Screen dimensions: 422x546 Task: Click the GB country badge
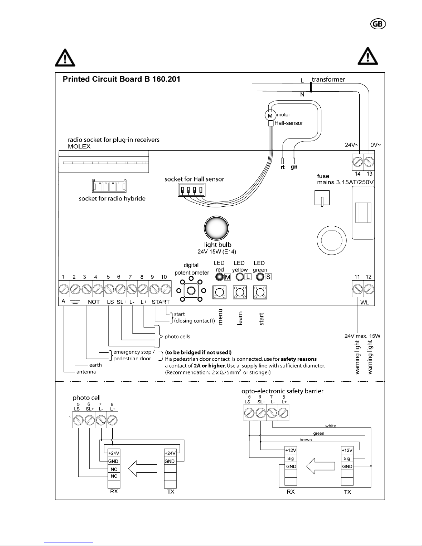(378, 24)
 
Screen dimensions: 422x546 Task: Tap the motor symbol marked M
(270, 116)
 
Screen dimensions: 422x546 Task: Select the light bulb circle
(216, 228)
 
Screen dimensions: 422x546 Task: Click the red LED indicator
(219, 277)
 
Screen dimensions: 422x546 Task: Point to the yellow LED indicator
(240, 277)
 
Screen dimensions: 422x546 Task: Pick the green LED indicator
(260, 277)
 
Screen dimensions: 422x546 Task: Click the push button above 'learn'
(240, 292)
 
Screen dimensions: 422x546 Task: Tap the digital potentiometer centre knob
(191, 291)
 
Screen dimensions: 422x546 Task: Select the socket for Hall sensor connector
(192, 190)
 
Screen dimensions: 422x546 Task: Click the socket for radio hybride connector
(109, 186)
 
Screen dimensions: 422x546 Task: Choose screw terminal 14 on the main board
(358, 162)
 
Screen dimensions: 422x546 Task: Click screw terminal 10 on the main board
(166, 289)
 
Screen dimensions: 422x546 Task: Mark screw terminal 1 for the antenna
(64, 289)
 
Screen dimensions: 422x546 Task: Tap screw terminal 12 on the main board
(369, 289)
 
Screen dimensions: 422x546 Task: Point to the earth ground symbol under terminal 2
(75, 301)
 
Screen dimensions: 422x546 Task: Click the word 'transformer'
(328, 79)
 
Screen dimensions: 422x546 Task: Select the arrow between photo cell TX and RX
(143, 468)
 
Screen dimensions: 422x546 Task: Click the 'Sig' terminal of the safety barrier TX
(347, 458)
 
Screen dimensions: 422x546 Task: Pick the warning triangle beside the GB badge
(368, 56)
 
